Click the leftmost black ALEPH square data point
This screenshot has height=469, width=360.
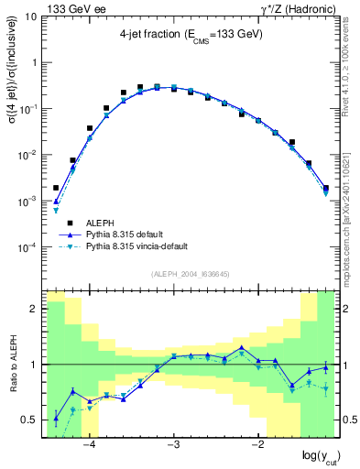tap(56, 187)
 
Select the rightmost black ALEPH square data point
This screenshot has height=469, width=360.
tap(326, 188)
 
